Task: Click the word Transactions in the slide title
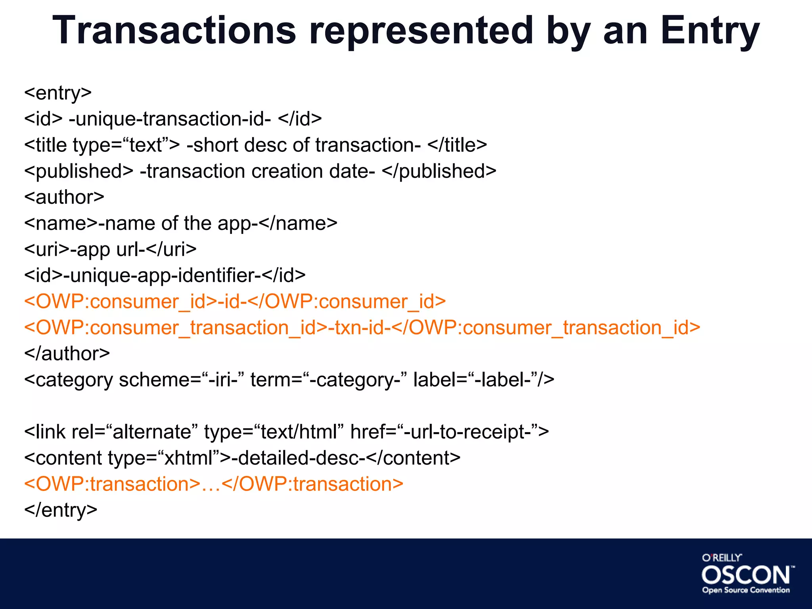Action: click(174, 31)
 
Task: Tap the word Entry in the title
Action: click(710, 31)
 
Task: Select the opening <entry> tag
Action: click(58, 93)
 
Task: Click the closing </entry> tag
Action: click(61, 510)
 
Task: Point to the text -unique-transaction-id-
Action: click(170, 119)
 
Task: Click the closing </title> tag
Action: click(457, 145)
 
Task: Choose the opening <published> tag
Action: click(79, 171)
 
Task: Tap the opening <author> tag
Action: click(64, 197)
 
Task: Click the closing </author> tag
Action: click(67, 354)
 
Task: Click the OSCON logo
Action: click(747, 574)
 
